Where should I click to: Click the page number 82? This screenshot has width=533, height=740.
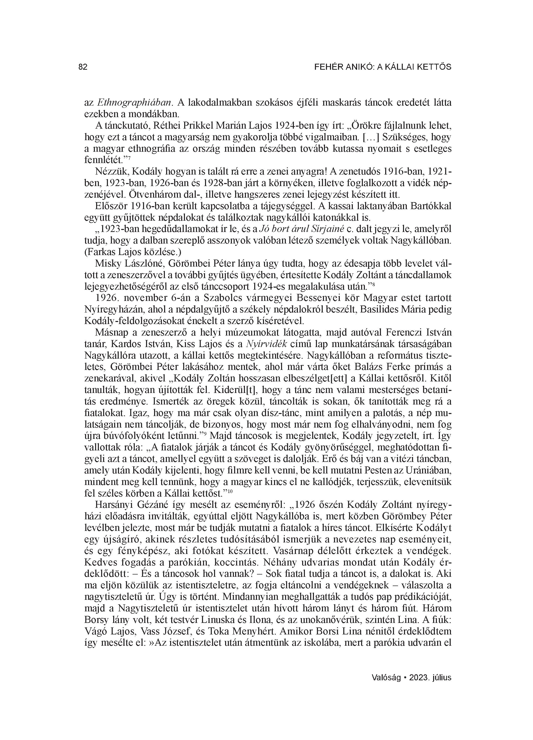pyautogui.click(x=83, y=67)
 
